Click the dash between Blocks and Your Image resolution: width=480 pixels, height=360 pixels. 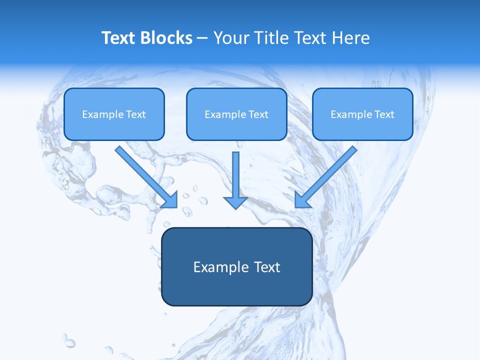[x=202, y=38]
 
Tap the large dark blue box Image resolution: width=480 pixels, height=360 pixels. [x=236, y=290]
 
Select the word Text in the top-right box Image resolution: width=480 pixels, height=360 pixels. [x=384, y=114]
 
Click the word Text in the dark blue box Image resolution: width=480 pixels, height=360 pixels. [x=266, y=267]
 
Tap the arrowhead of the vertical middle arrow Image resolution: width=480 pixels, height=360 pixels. [x=236, y=202]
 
